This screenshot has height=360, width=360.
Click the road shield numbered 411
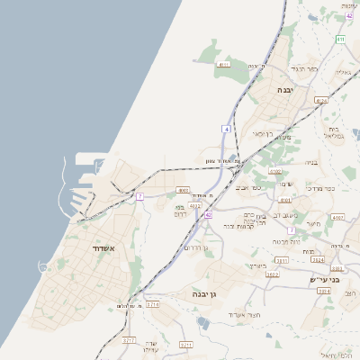point(340,40)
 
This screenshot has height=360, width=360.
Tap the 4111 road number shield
point(224,65)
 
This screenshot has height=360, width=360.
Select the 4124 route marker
point(320,100)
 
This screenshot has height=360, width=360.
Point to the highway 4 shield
point(227,130)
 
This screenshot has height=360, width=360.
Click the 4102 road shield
point(275,171)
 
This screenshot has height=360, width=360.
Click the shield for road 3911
point(283,260)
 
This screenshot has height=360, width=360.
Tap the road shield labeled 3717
point(129,340)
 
